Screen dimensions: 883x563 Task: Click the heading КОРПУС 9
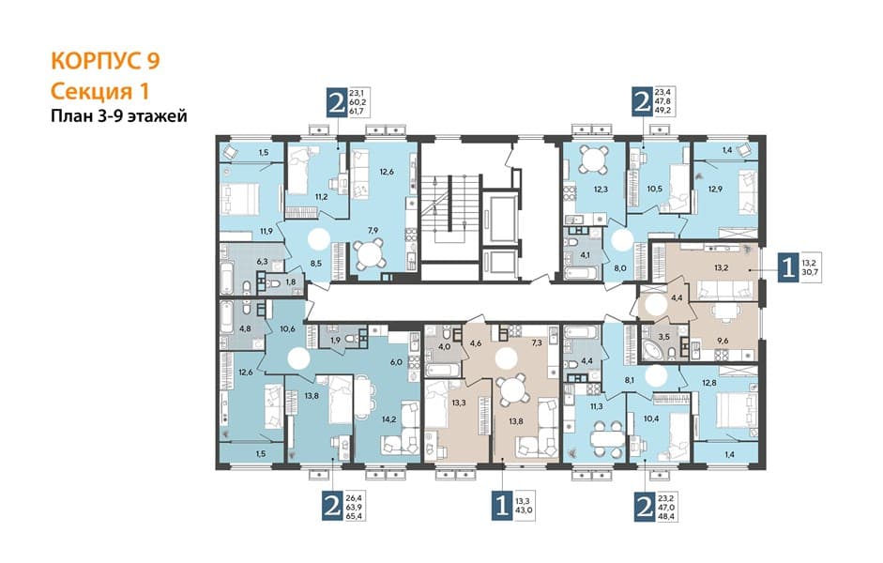pyautogui.click(x=105, y=61)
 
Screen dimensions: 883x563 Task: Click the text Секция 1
pyautogui.click(x=99, y=91)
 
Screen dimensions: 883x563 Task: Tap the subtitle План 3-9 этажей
pyautogui.click(x=119, y=116)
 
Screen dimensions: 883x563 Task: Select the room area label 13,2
pyautogui.click(x=721, y=267)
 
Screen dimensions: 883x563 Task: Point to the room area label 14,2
pyautogui.click(x=389, y=418)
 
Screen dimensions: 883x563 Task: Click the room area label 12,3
pyautogui.click(x=601, y=190)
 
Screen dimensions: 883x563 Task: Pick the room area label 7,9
pyautogui.click(x=373, y=230)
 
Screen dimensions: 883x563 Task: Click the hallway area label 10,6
pyautogui.click(x=287, y=328)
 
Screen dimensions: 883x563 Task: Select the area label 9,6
pyautogui.click(x=722, y=340)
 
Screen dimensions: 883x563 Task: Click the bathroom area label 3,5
pyautogui.click(x=664, y=337)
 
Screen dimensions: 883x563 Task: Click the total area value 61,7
pyautogui.click(x=358, y=112)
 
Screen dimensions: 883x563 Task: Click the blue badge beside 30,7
pyautogui.click(x=788, y=267)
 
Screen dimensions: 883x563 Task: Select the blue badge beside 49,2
pyautogui.click(x=641, y=102)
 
